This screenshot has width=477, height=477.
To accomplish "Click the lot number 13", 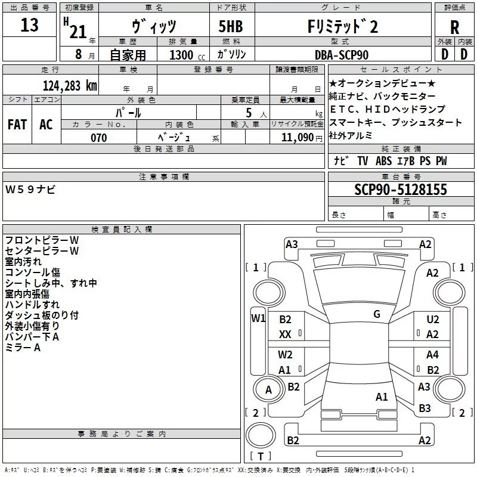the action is coord(29,25).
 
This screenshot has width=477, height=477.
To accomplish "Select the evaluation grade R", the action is coord(454,27).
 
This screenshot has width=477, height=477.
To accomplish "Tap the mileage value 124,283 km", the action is coord(70,86).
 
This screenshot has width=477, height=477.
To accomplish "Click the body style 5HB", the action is coord(231,26).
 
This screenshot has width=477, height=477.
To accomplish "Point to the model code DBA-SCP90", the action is coord(342,55).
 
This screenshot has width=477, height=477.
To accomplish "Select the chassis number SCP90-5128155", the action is coord(401,190).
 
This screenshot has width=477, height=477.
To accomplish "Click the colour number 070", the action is coord(99,138).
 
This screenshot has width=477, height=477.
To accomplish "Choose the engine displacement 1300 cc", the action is coord(187,55).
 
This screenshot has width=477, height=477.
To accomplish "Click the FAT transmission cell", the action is coord(17,125).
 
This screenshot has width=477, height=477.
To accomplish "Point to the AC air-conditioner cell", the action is coord(46,125).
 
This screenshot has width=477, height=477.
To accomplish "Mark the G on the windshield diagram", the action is coord(377,314).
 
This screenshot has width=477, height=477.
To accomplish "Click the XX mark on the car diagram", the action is coord(285,334).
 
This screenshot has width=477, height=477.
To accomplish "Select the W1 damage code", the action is coord(258,318).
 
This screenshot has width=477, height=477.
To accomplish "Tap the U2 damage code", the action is coord(433,320).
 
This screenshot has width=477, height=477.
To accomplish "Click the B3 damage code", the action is coord(425,408).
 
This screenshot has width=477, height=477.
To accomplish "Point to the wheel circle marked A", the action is coord(268,389).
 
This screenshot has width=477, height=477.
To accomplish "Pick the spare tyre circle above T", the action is coord(261,435).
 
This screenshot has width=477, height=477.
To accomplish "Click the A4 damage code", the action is coord(432,354).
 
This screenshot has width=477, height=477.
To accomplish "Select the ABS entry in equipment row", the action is coord(383,160).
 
